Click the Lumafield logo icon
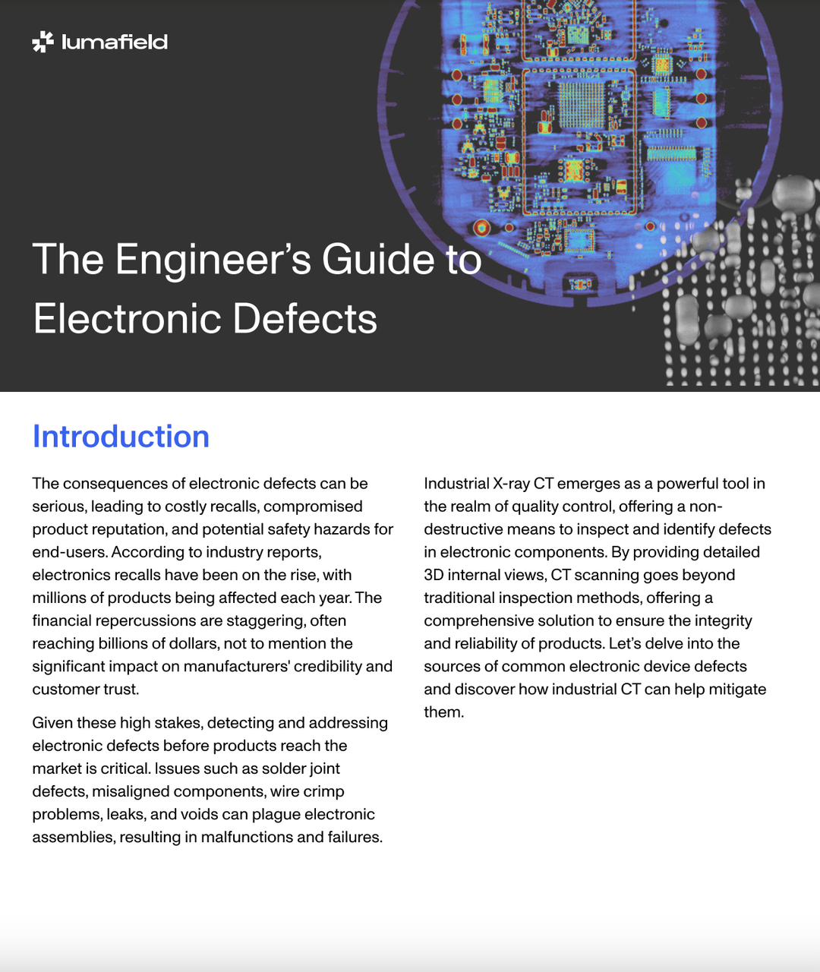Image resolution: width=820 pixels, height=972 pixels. click(x=43, y=42)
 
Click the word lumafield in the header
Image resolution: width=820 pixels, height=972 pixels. click(x=115, y=42)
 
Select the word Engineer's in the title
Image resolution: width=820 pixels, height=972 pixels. click(x=213, y=259)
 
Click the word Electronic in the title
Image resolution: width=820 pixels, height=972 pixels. click(x=127, y=318)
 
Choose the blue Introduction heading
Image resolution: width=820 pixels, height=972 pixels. click(x=121, y=437)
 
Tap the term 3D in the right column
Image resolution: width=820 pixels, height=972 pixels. click(x=434, y=575)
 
